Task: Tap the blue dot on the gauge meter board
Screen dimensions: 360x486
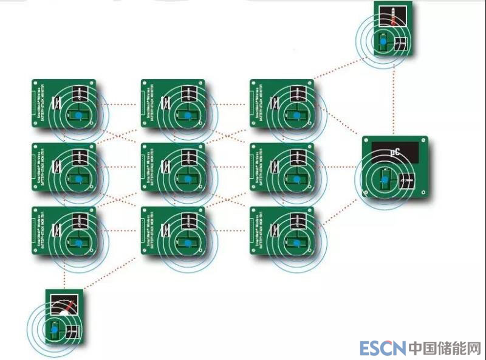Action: [x=54, y=329]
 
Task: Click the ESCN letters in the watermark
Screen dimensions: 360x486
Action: [x=382, y=348]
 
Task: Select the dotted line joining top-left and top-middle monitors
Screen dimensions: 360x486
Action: [x=118, y=104]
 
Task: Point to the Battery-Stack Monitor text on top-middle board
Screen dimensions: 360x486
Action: [x=148, y=103]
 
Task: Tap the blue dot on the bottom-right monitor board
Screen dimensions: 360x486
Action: [x=296, y=243]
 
